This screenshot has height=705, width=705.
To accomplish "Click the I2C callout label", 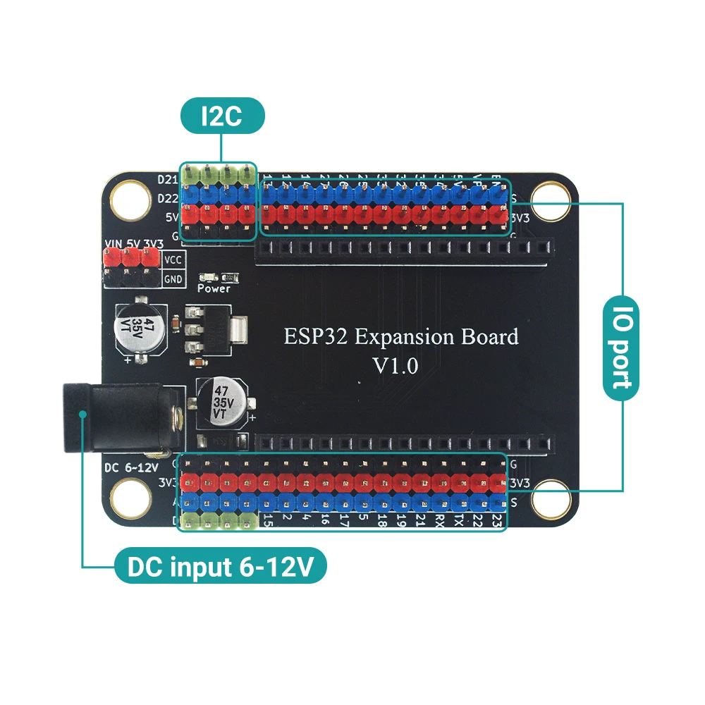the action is pos(221,116).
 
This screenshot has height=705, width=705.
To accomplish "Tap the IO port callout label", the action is pos(622,345).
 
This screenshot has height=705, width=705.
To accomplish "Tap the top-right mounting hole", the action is pos(549,195).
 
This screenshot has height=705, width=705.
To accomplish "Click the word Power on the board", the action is pos(214,288).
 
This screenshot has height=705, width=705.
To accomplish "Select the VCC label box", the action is pos(173,259).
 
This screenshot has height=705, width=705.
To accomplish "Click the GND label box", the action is pos(173,279).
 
